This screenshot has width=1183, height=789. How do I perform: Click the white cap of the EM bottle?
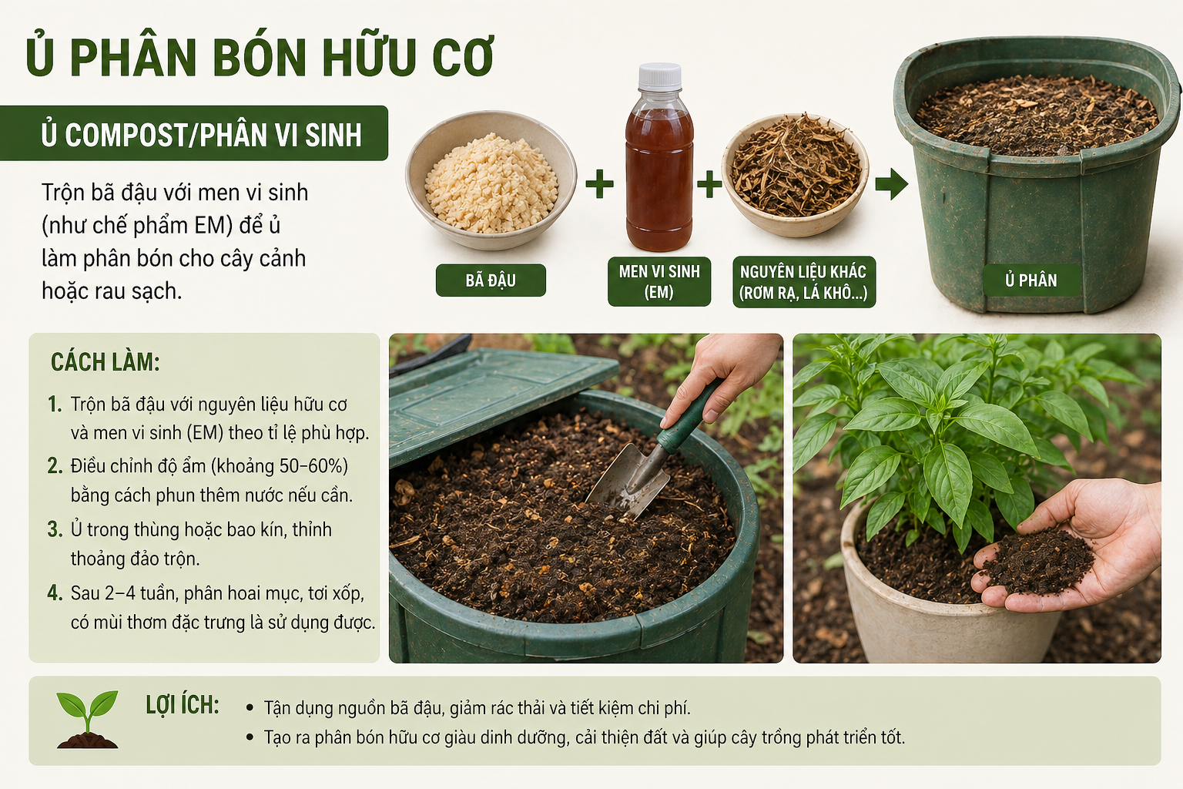coord(659,76)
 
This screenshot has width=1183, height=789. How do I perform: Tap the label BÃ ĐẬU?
coord(491,280)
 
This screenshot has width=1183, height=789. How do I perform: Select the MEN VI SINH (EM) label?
coord(659,282)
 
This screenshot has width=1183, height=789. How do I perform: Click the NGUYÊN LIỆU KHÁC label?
coord(804,282)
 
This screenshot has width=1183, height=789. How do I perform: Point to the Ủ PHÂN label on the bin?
coord(1031,280)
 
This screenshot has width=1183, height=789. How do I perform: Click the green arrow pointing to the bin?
coord(891,184)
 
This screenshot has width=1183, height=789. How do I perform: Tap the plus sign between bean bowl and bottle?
coord(599,184)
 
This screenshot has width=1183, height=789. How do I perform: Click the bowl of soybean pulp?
coord(491,180)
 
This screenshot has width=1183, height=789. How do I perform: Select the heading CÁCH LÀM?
coord(105,363)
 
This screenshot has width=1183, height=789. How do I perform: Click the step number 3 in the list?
coord(55,529)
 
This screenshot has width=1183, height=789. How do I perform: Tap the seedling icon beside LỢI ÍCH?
coord(87,720)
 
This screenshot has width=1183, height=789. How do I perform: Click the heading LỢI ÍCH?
coord(183,706)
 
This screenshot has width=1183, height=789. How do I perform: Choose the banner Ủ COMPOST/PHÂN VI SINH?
coord(194,133)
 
